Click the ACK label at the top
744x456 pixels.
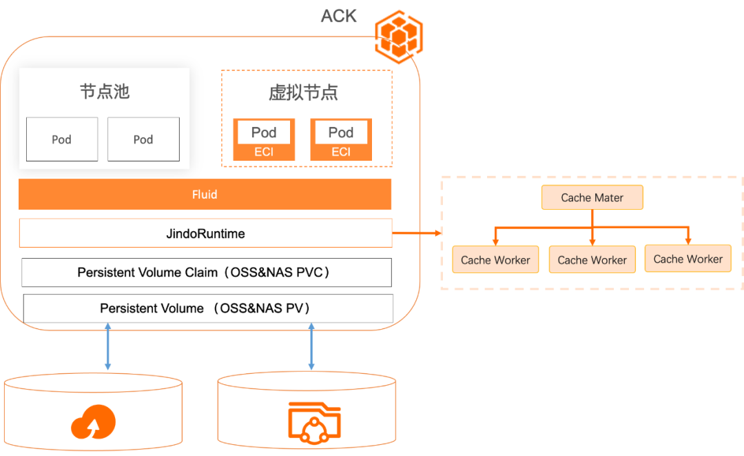coord(339,16)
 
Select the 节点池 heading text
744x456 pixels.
coord(105,91)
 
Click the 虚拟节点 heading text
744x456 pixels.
coord(303,93)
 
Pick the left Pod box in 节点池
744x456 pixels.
coord(62,139)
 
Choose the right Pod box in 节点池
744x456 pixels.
coord(143,139)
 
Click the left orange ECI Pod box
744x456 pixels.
coord(264,140)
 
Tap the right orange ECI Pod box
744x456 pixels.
coord(341,140)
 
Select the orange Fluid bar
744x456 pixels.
coord(205,195)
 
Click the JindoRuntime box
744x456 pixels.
coord(205,233)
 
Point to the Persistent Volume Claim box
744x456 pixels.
coord(206,272)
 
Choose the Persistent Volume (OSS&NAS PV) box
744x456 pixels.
coord(207,308)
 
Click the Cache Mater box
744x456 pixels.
coord(592,197)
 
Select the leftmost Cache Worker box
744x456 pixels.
coord(495,260)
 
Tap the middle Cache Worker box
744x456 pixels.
coord(592,260)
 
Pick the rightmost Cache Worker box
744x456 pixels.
coord(688,259)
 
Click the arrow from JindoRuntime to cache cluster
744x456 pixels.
coord(417,233)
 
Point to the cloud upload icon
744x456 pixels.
coord(93,422)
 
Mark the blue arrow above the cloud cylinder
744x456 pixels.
coord(107,348)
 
